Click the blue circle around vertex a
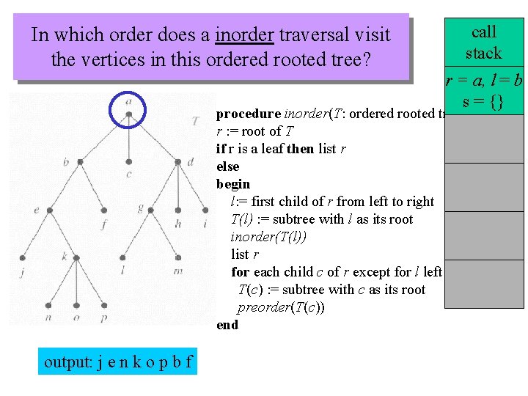coord(128,109)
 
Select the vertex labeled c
coord(129,162)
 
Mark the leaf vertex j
coord(23,257)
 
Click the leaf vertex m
coord(178,257)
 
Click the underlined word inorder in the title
coord(243,34)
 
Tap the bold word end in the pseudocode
coord(227,325)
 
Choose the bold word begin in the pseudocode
coord(233,184)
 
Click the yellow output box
coord(117,362)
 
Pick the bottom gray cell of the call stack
coord(484,283)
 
